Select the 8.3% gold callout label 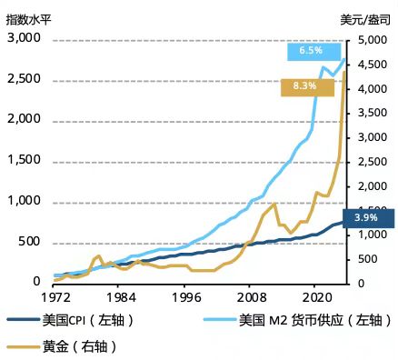pyautogui.click(x=306, y=86)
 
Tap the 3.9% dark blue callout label pyautogui.click(x=368, y=218)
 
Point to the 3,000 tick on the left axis pyautogui.click(x=24, y=38)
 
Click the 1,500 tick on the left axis pyautogui.click(x=24, y=160)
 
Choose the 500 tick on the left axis pyautogui.click(x=29, y=242)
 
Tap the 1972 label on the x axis pyautogui.click(x=55, y=297)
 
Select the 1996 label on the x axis pyautogui.click(x=185, y=297)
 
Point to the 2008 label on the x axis pyautogui.click(x=251, y=297)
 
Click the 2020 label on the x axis pyautogui.click(x=315, y=297)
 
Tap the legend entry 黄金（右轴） pyautogui.click(x=79, y=346)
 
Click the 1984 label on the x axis pyautogui.click(x=120, y=297)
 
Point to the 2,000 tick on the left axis pyautogui.click(x=24, y=119)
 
